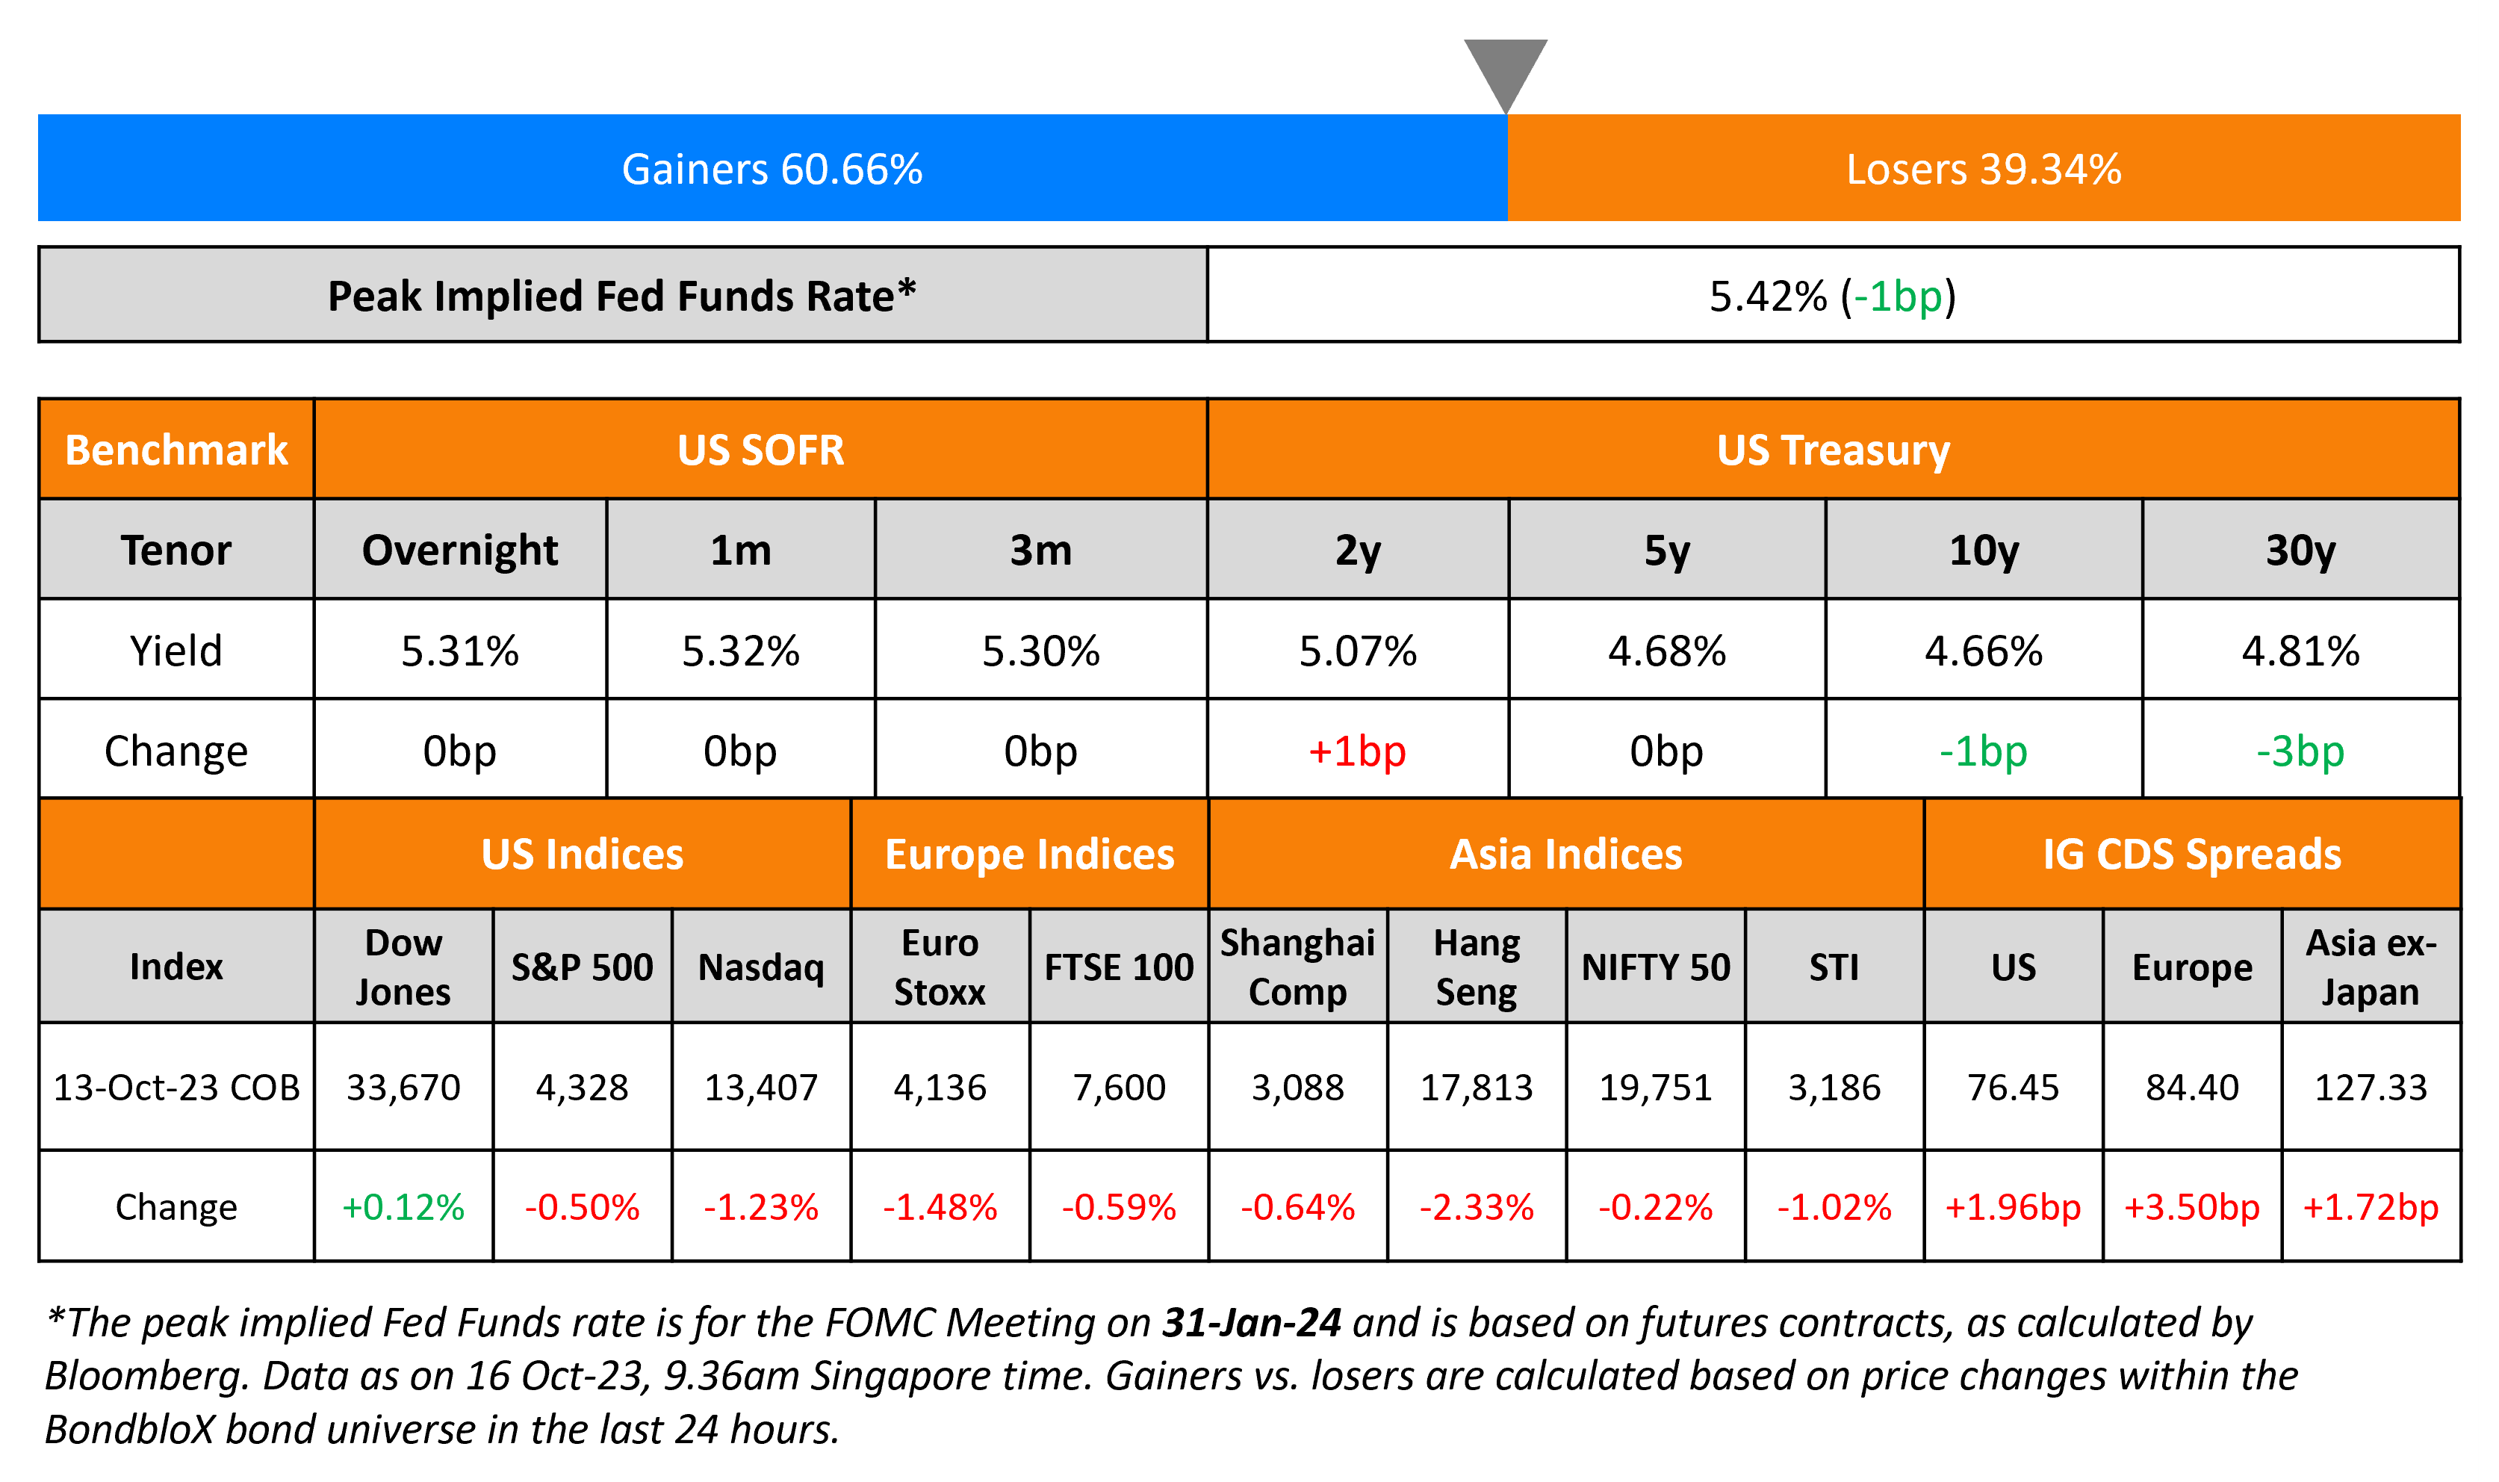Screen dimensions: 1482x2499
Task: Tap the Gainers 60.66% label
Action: coord(772,169)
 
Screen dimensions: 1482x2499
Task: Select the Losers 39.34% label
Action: coord(1983,169)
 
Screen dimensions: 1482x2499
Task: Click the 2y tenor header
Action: coord(1358,551)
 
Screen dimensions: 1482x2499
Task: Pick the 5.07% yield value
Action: coord(1357,651)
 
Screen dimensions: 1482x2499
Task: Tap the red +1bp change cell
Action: coord(1357,751)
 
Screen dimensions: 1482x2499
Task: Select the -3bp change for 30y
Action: coord(2300,751)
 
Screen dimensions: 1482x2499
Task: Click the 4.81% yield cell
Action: coord(2300,651)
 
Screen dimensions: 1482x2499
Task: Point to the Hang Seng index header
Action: coord(1477,967)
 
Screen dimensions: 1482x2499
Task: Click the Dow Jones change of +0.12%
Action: coord(403,1207)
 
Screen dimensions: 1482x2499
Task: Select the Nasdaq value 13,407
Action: coord(761,1088)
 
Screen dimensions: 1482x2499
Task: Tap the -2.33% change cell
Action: coord(1477,1207)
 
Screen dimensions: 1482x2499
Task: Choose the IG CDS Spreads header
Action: coord(2191,855)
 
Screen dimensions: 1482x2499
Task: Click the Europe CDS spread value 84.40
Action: coord(2191,1088)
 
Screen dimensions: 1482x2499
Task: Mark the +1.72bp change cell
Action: coord(2371,1207)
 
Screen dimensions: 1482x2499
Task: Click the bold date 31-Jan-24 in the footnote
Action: coord(1251,1323)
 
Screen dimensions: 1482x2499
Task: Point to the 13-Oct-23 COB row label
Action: coord(177,1088)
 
